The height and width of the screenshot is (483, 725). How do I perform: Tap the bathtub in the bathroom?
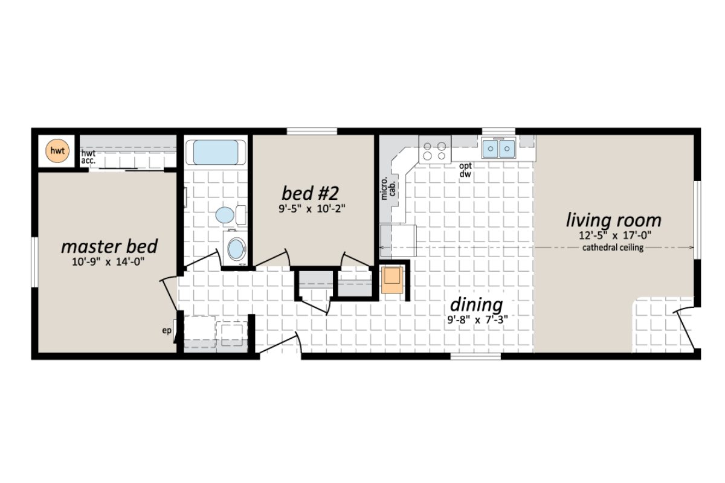click(x=216, y=152)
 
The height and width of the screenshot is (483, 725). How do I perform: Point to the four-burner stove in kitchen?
click(x=435, y=149)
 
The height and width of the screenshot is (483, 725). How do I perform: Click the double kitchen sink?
click(x=498, y=149)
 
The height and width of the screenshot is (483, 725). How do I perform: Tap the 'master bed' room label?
click(x=109, y=246)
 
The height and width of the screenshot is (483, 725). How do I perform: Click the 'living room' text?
click(x=613, y=220)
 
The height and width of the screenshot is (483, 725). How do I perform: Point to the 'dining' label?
click(x=476, y=304)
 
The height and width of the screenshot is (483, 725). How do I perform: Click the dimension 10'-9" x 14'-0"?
click(x=109, y=261)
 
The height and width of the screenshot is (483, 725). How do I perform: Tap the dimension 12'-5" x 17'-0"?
click(x=613, y=235)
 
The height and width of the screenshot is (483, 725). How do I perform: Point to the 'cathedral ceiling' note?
click(x=613, y=248)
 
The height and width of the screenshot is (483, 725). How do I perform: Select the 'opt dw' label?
click(x=465, y=170)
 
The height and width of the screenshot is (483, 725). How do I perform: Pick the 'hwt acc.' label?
click(x=89, y=157)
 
